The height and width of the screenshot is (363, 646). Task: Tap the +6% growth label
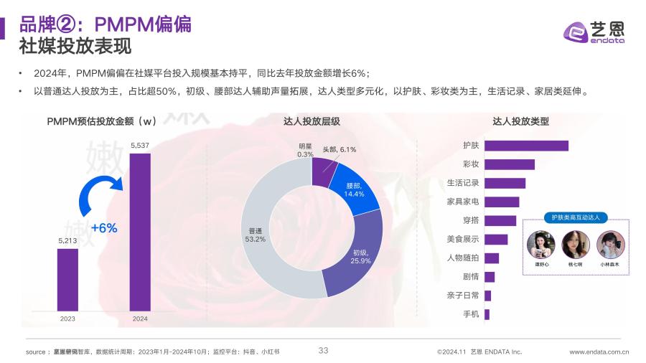pos(103,228)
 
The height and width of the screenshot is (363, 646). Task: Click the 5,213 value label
pos(67,240)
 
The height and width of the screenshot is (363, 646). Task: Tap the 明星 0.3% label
pos(305,150)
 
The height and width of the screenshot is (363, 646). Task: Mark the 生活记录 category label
pos(463,183)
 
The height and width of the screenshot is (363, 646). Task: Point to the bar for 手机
pos(487,314)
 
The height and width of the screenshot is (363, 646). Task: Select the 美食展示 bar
pos(496,239)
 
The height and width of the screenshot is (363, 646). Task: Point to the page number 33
pos(323,350)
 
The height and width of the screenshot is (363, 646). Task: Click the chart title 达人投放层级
pos(312,121)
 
